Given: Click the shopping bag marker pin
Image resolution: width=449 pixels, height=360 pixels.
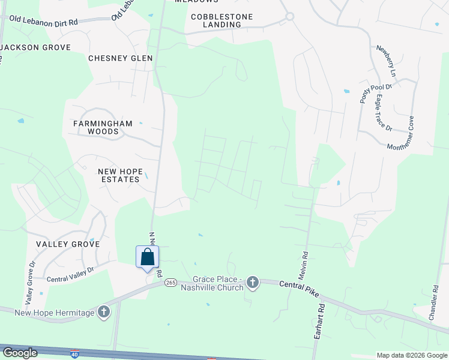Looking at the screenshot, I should coord(147,257).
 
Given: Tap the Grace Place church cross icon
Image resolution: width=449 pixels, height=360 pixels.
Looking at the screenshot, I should coord(253,282).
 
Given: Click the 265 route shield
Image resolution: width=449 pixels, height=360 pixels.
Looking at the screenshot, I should coord(170,283).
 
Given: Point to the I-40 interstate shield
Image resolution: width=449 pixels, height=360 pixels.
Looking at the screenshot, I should coord(74,354).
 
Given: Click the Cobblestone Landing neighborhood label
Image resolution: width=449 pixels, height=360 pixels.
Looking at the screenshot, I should coord(221,20).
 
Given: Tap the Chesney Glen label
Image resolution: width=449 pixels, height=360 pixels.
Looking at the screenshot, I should coord(120,58).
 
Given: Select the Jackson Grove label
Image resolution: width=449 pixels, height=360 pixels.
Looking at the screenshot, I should coord(36,47).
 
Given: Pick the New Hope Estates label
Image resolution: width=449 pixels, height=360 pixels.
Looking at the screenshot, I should coord(121,175).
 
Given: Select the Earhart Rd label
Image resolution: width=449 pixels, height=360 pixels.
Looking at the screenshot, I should coord(319,322).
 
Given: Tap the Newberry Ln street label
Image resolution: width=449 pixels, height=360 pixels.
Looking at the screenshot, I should coord(385,61).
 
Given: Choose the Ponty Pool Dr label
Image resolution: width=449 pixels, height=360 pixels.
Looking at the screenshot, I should coord(367,94).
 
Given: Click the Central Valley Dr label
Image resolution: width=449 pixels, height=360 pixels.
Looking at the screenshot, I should coord(71,274).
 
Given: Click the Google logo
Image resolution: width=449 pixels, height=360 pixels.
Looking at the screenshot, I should coord(20,353).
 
